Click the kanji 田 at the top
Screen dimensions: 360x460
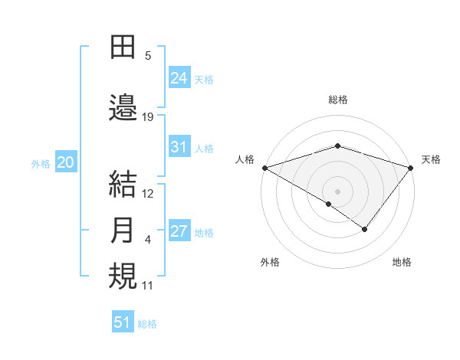(x=123, y=46)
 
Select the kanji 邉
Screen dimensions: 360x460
(x=123, y=107)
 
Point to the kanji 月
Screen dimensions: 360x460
(x=123, y=231)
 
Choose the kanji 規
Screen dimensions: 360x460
(x=123, y=277)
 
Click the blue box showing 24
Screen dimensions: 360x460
(x=179, y=77)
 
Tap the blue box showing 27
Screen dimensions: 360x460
(x=179, y=231)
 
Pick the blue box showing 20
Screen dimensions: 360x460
(x=66, y=162)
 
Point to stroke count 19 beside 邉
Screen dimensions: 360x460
(x=148, y=116)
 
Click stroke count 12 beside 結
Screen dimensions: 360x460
(x=148, y=194)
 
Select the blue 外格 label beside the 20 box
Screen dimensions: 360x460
(x=41, y=163)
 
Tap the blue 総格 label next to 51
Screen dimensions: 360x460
(x=147, y=324)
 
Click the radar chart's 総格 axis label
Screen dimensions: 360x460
(x=337, y=100)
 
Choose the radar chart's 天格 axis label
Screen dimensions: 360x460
(x=431, y=159)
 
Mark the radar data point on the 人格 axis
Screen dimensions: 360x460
(x=264, y=168)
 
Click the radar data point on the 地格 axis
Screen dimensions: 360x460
(x=365, y=229)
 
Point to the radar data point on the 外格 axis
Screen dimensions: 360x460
(x=329, y=204)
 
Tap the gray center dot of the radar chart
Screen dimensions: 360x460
(x=337, y=191)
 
